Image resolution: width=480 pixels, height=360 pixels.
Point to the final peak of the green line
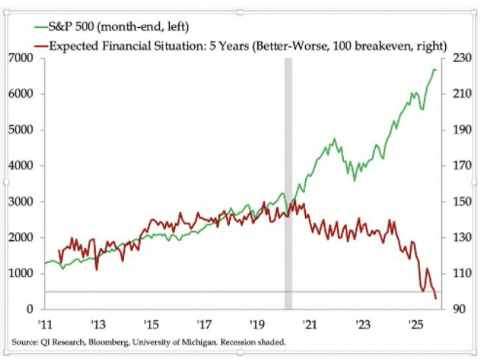[433, 69]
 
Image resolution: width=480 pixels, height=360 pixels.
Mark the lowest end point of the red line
[436, 298]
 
